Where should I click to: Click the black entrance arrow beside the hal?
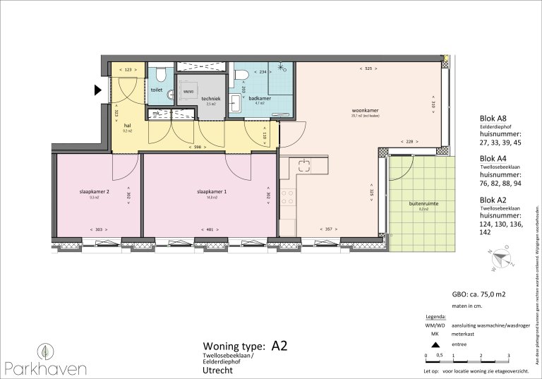click(x=99, y=90)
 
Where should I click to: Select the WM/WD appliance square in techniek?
click(x=188, y=92)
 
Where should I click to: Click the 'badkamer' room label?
click(x=259, y=98)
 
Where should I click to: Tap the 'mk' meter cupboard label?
click(x=157, y=113)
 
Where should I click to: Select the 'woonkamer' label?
click(x=365, y=111)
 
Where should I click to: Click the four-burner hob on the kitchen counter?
click(x=287, y=198)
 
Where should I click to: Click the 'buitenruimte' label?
click(x=423, y=203)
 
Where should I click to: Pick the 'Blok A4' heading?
click(x=493, y=159)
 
